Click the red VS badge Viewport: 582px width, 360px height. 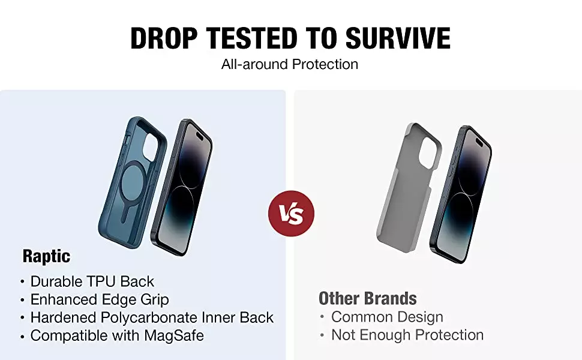coord(292,214)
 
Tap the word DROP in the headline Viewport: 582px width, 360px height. coord(164,38)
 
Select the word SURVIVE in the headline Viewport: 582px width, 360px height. coord(398,38)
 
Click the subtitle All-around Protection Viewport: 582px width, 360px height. coord(290,64)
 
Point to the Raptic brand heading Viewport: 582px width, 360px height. coord(46,256)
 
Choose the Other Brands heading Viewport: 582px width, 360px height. coord(367,298)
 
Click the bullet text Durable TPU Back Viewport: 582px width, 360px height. coord(92,281)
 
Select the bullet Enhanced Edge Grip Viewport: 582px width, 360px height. coord(100,299)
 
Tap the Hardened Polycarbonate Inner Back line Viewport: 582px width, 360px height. coord(152,317)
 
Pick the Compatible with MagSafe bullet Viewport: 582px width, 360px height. coord(117,335)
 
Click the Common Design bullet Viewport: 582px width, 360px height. coord(387,317)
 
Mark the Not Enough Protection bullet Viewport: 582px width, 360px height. coord(407,335)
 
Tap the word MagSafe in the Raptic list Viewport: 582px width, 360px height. coord(174,335)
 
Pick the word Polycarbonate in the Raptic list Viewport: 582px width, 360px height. coord(149,317)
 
